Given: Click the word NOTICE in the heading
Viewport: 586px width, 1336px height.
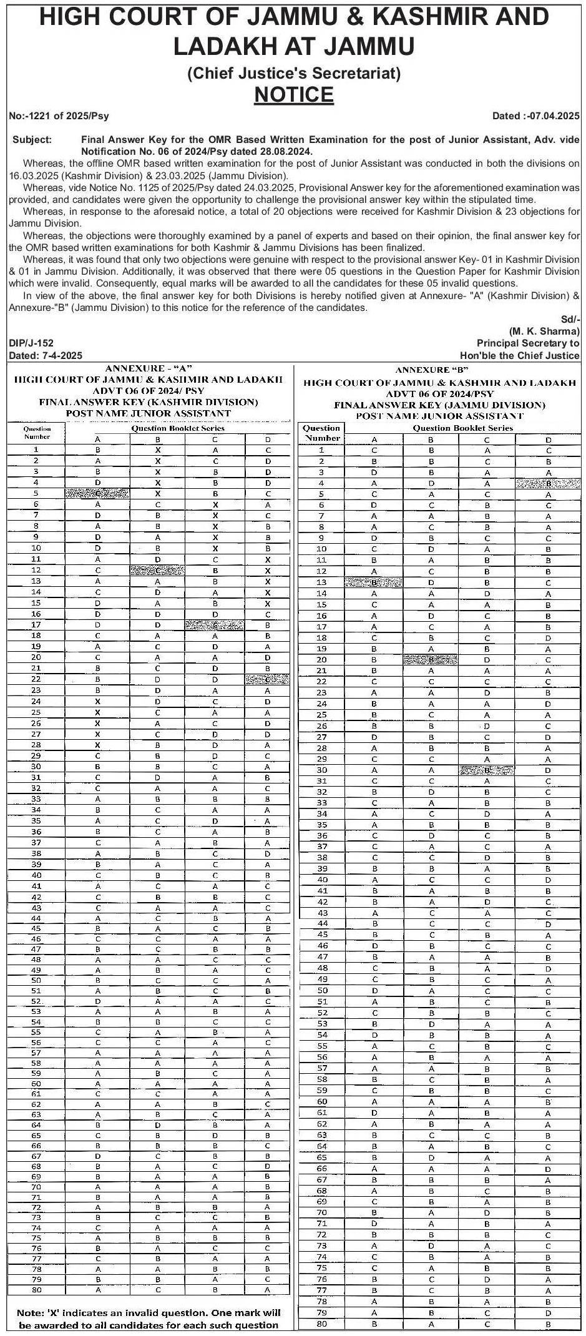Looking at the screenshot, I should click(x=294, y=94).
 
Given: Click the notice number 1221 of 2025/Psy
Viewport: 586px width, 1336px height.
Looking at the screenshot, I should click(x=59, y=115).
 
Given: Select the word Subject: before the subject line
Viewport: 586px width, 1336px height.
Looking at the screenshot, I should click(x=32, y=140).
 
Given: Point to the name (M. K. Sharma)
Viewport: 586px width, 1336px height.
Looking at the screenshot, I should click(x=544, y=331).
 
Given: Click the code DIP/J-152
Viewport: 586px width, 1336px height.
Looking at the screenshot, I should click(x=31, y=343).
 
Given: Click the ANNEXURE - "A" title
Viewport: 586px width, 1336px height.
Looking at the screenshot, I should click(x=148, y=368).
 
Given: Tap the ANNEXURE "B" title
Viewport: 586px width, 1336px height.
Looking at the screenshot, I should click(x=440, y=370).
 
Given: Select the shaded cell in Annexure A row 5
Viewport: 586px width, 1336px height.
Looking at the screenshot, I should click(x=97, y=493).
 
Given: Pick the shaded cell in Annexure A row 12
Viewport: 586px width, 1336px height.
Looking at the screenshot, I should click(x=157, y=570).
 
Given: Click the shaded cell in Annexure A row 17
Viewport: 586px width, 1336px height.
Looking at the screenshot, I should click(x=214, y=624).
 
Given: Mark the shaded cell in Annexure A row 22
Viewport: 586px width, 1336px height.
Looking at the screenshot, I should click(x=268, y=679).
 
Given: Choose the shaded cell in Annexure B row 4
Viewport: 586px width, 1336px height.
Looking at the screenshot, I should click(x=548, y=483).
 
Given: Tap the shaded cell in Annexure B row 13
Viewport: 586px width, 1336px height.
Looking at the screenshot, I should click(x=373, y=582).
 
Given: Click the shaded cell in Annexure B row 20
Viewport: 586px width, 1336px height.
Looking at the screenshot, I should click(x=430, y=659).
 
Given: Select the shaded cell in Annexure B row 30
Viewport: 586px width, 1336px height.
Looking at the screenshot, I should click(x=487, y=770).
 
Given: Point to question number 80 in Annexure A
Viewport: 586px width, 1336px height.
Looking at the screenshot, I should click(x=37, y=1290).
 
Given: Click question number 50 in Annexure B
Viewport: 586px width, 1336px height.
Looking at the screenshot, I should click(x=322, y=990).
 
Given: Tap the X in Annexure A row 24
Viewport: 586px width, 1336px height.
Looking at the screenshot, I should click(x=97, y=701).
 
